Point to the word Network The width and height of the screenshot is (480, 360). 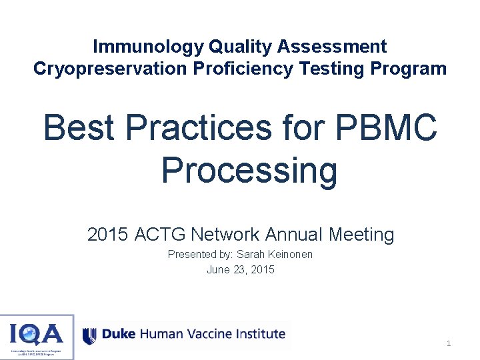coord(224,235)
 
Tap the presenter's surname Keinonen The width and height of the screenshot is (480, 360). coord(289,254)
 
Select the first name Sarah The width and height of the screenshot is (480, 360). coord(251,254)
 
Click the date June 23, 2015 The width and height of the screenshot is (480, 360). coord(240,269)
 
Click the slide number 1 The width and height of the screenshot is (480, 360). coord(449,343)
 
